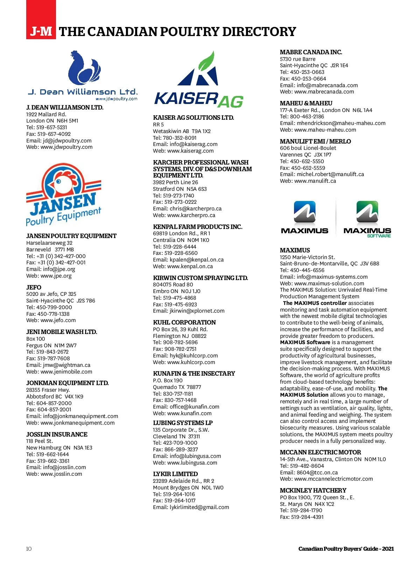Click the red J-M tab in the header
(41, 32)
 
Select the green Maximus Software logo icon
(367, 212)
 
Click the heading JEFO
(34, 287)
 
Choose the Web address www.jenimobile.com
(66, 372)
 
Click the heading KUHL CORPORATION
(184, 322)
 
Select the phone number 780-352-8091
(180, 138)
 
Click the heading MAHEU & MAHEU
(306, 103)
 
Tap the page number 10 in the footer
(29, 549)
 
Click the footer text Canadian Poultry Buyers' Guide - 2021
(346, 549)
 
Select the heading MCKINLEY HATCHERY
(313, 490)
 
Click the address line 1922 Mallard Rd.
(46, 114)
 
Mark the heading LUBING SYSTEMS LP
(183, 423)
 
